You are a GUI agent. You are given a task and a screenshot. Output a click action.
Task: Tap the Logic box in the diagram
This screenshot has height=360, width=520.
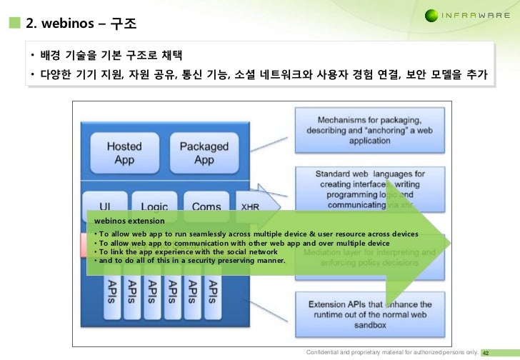coord(149,204)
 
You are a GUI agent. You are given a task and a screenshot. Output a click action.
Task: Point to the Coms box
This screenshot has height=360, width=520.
coord(206,204)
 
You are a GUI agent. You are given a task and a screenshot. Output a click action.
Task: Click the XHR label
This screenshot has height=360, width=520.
coord(250,207)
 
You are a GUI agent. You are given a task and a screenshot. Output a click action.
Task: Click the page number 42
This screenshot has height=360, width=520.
coord(492,353)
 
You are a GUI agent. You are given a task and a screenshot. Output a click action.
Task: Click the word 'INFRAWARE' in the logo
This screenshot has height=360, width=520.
coord(481,15)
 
